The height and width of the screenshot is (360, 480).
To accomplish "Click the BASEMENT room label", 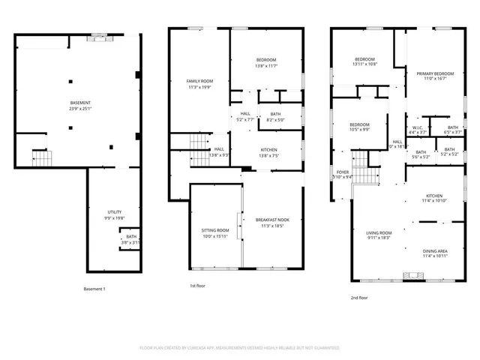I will click(x=80, y=102).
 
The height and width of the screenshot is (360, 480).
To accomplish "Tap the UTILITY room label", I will click(x=115, y=211).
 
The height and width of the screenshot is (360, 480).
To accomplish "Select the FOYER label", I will click(x=343, y=172).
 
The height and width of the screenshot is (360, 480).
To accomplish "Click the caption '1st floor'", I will click(x=197, y=286).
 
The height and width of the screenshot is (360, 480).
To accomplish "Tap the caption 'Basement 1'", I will click(x=94, y=289).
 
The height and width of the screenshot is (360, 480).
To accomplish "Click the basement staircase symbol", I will click(x=40, y=157).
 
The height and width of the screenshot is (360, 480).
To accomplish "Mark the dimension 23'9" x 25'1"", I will click(x=80, y=108).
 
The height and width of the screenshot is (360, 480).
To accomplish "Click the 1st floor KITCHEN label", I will click(x=269, y=149).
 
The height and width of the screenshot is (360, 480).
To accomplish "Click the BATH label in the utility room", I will click(x=131, y=237).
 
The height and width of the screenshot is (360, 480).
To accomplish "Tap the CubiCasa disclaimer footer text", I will click(x=240, y=348).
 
